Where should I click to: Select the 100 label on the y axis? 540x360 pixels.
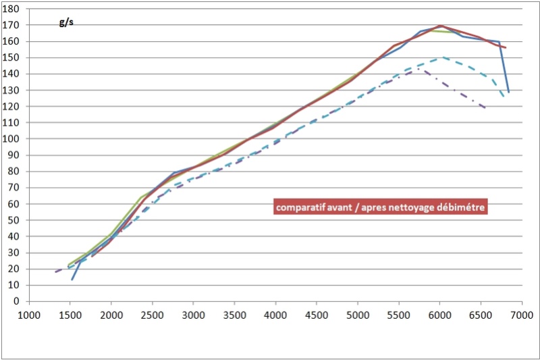14,138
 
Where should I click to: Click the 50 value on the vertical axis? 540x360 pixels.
16,220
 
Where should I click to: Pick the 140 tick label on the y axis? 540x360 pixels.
14,74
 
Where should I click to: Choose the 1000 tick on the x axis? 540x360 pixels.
28,314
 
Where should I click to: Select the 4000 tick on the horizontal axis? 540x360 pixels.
275,314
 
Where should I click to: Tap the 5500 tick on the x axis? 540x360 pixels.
398,314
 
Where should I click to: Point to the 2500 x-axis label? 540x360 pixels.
152,314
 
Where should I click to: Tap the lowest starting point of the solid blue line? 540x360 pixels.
72,279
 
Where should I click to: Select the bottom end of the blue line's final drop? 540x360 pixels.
508,92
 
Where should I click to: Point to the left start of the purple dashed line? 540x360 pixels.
55,272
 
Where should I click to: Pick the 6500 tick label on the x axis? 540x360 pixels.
481,314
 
